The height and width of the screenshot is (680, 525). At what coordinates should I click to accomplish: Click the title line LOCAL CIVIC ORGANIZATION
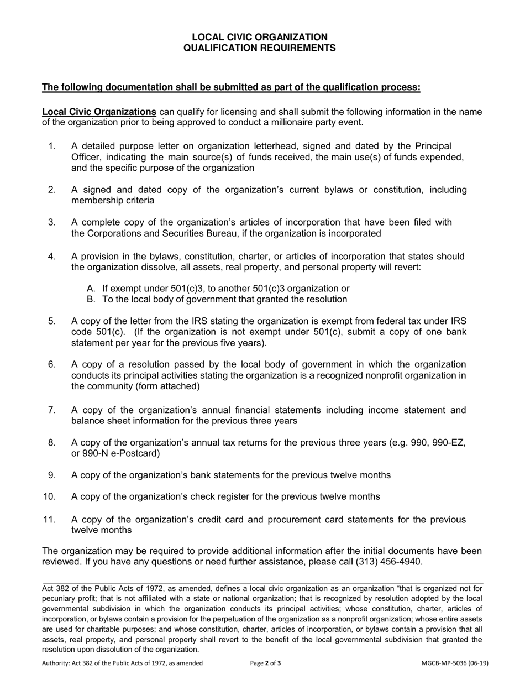[259, 37]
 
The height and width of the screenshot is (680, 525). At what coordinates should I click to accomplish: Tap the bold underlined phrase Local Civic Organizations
[99, 112]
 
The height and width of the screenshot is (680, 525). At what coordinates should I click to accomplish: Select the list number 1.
[52, 146]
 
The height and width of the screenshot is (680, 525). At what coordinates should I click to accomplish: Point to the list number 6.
[52, 364]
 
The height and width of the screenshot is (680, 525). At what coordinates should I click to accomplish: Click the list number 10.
[49, 496]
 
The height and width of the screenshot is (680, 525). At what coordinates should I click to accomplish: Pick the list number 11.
[49, 520]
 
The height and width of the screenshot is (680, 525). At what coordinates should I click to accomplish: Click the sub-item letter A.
[92, 289]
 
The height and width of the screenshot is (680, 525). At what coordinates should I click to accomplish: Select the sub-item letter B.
[92, 300]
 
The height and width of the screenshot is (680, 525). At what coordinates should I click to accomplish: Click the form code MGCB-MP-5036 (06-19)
[455, 663]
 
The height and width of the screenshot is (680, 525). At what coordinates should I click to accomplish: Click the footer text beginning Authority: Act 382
[122, 663]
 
